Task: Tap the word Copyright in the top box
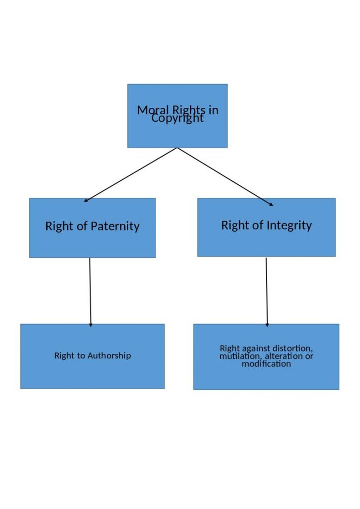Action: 178,119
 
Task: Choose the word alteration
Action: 283,356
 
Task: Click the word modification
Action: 266,364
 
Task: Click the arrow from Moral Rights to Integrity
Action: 225,176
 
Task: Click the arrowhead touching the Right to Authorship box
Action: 90,325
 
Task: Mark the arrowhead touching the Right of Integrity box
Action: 271,204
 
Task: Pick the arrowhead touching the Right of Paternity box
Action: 86,200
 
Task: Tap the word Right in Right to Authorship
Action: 64,355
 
